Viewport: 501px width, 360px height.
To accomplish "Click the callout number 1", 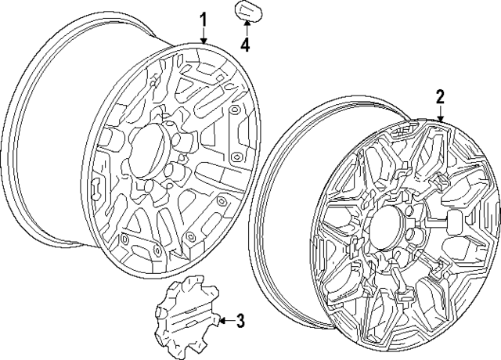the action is [204, 20].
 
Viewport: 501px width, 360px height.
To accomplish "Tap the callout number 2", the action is [440, 96].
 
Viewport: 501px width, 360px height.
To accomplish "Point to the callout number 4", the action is [245, 45].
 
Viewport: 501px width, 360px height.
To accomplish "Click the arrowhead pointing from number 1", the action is [204, 41].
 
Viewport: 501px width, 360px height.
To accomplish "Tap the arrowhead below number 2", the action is [440, 120].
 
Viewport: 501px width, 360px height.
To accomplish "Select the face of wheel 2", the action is [405, 239].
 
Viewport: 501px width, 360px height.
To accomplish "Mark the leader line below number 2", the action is [440, 111].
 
